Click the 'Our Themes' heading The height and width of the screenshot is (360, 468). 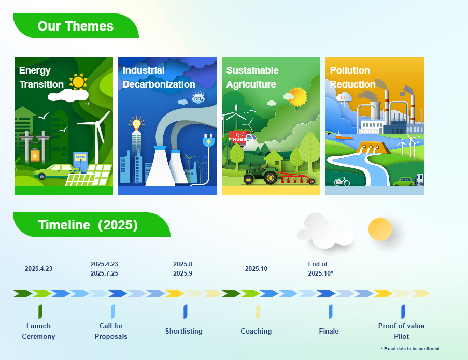(x=76, y=26)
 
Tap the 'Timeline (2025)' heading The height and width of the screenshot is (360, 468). (x=88, y=225)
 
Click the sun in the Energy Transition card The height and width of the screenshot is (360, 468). (x=78, y=81)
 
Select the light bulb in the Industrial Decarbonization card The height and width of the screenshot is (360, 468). (x=136, y=123)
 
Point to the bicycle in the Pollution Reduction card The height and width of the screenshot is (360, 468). (x=342, y=181)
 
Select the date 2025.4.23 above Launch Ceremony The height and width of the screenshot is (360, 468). (x=38, y=269)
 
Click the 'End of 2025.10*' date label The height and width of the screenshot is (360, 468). (x=321, y=269)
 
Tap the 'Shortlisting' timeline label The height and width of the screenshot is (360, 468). (x=184, y=331)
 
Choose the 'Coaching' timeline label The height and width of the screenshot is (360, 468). (x=256, y=331)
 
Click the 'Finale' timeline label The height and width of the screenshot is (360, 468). (x=329, y=331)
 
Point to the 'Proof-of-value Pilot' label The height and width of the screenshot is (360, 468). (x=402, y=331)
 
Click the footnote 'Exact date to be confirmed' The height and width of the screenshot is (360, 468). (x=410, y=349)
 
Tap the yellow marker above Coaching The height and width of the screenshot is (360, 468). (x=258, y=311)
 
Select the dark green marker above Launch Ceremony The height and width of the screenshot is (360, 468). (x=40, y=311)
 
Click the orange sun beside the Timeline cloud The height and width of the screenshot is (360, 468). (x=380, y=229)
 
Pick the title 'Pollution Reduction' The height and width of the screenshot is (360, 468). (x=352, y=77)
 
